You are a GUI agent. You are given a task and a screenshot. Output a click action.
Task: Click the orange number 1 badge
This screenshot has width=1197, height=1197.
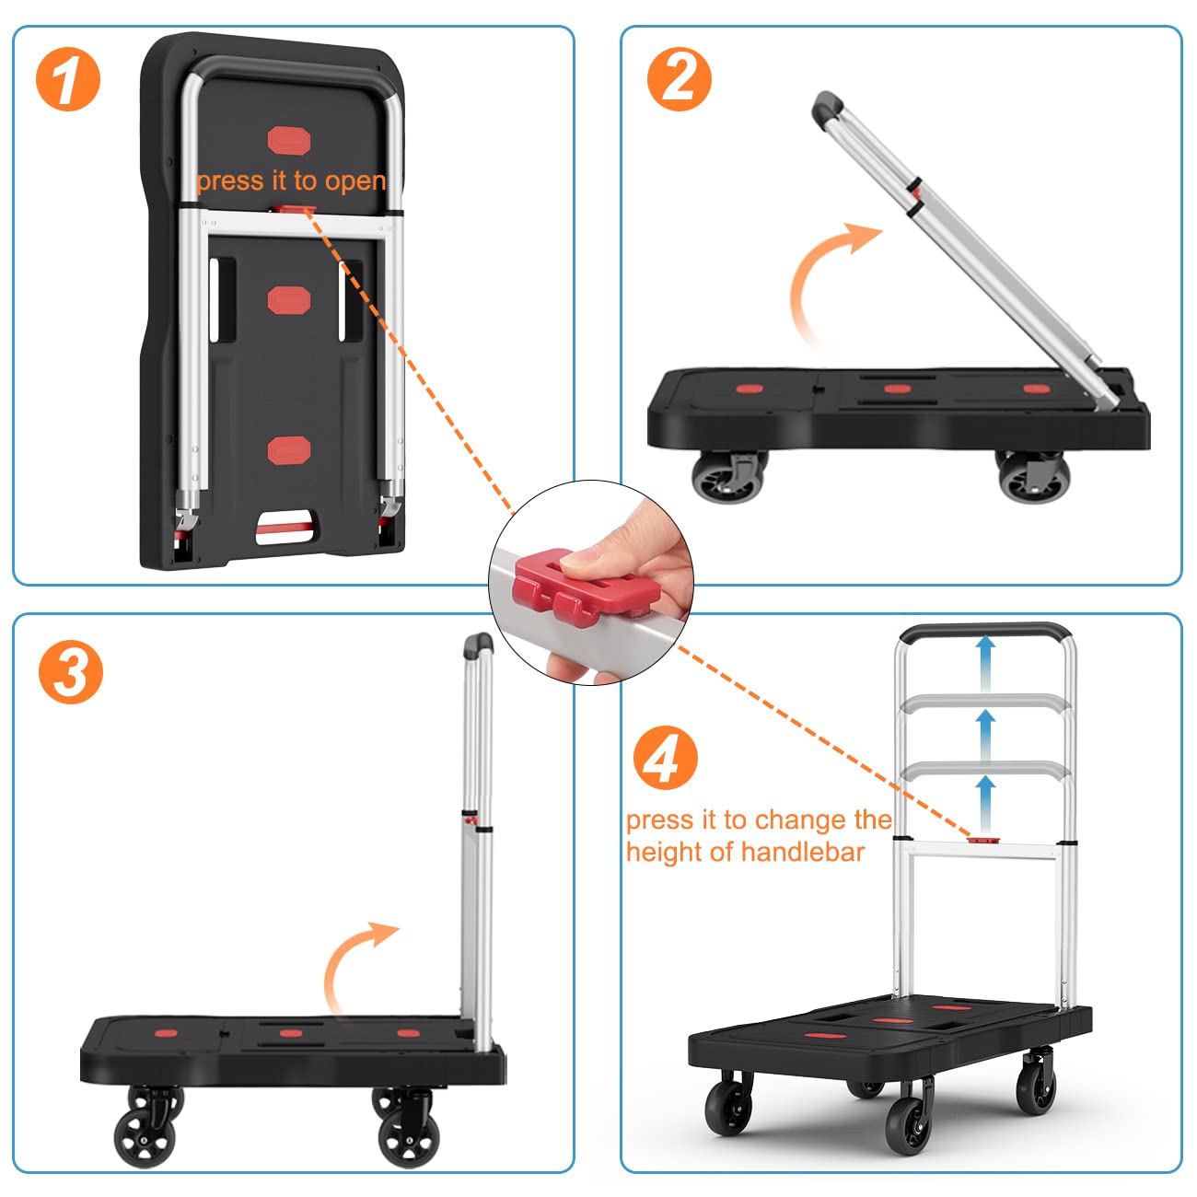[68, 80]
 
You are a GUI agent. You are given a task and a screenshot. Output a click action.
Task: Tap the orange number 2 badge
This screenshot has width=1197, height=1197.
[680, 80]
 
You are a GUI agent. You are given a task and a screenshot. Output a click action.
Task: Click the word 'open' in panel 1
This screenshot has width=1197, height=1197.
[354, 181]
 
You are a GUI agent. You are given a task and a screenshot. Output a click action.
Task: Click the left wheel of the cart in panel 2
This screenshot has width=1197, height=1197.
[727, 477]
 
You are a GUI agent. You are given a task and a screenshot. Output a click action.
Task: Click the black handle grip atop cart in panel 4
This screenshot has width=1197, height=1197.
[984, 633]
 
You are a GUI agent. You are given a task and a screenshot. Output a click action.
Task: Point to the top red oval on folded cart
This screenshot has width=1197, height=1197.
[289, 141]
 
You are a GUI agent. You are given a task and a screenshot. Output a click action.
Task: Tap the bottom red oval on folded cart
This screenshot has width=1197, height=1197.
[289, 450]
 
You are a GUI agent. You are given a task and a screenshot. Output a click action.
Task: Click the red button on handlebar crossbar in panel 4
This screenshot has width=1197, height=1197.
[984, 839]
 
